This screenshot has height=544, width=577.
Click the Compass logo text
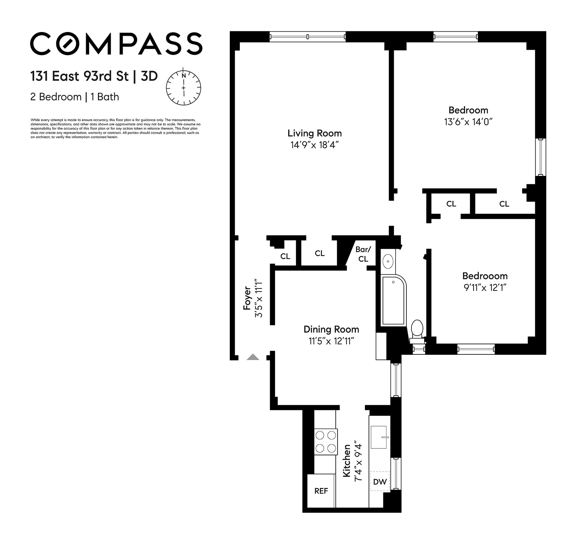tap(116, 44)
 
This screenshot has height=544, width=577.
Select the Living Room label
tap(314, 133)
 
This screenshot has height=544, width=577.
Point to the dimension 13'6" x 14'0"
tap(468, 122)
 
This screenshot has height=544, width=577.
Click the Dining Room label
tap(331, 330)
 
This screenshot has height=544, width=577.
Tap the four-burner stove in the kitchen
tap(326, 442)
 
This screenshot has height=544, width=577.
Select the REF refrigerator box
tap(321, 491)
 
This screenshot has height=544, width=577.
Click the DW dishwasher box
tap(380, 482)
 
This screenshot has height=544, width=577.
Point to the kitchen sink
tap(379, 437)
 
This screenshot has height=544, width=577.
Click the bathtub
tap(393, 300)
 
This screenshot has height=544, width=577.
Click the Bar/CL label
tap(363, 254)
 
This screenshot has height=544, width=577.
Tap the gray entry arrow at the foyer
tap(253, 357)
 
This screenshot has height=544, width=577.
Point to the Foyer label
tap(247, 298)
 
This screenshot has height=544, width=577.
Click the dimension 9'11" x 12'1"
tap(485, 288)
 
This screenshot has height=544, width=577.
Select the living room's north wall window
tap(308, 36)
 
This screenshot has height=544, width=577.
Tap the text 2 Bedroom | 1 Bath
tap(75, 97)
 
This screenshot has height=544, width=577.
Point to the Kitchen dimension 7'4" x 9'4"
tap(358, 461)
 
